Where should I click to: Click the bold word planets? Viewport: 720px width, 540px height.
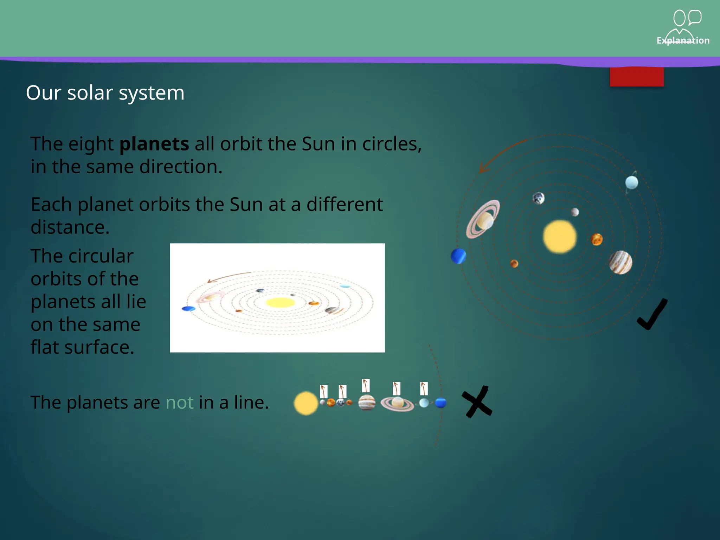tap(154, 144)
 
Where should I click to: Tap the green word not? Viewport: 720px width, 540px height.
tap(179, 403)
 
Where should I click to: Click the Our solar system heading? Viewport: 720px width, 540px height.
tap(105, 93)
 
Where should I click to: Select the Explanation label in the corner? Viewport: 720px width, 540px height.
tap(683, 40)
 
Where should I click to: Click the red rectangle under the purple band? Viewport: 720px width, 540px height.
tap(636, 77)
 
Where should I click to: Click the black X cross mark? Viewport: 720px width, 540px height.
tap(477, 402)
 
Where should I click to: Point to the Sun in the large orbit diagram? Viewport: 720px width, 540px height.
tap(560, 237)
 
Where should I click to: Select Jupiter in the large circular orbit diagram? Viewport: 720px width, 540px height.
tap(621, 262)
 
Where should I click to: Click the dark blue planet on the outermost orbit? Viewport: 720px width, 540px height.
tap(458, 256)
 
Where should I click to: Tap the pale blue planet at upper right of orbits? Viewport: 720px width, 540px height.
tap(631, 182)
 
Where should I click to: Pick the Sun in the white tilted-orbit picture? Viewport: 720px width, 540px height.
tap(280, 302)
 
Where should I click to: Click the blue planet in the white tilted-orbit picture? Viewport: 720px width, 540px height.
tap(188, 309)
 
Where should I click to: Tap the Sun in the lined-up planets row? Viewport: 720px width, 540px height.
tap(306, 403)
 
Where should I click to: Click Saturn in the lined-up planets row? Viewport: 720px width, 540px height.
tap(398, 403)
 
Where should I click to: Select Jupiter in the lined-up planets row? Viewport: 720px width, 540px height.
tap(367, 403)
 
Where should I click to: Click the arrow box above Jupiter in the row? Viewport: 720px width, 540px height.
tap(366, 386)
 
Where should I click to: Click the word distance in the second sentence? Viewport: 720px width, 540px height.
tap(70, 227)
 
